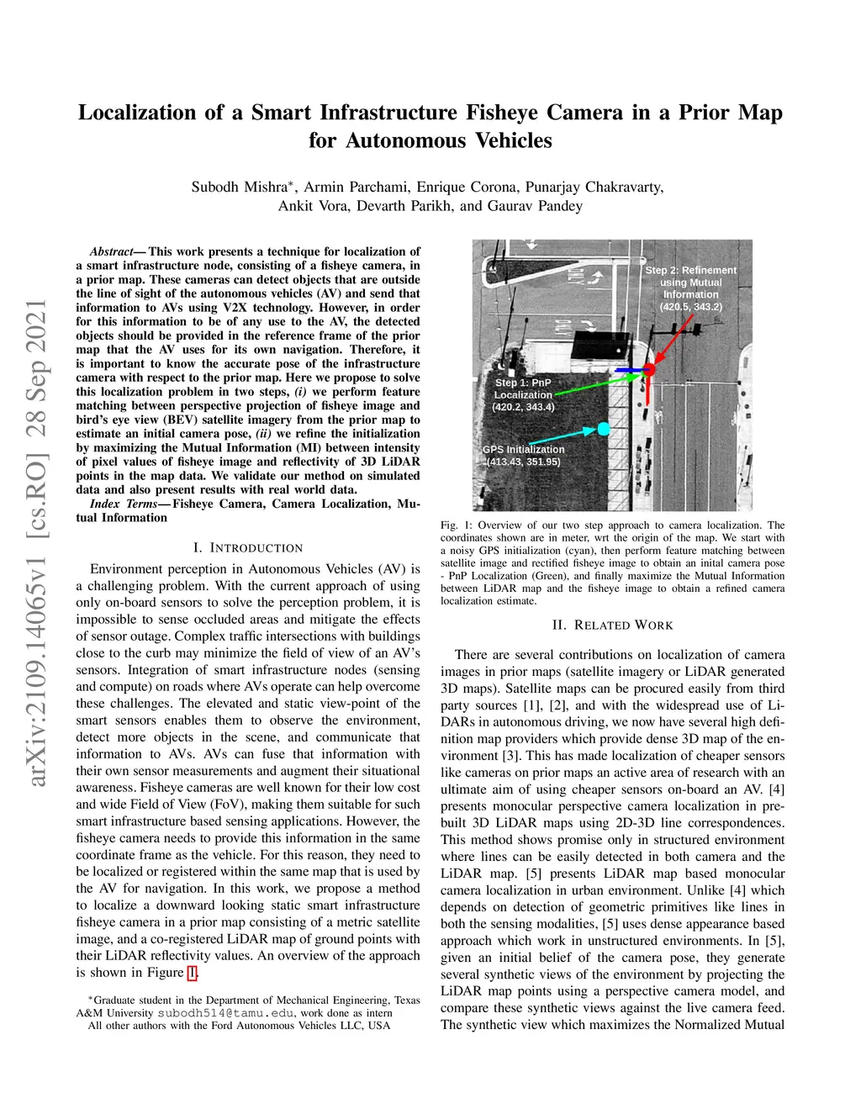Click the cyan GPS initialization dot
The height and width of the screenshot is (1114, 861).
[x=603, y=430]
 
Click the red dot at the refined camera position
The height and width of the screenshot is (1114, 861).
[x=648, y=369]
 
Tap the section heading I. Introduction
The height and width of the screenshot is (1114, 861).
[x=248, y=547]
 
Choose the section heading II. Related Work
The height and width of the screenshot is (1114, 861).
[x=612, y=625]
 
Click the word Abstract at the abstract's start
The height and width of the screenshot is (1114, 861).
[x=111, y=251]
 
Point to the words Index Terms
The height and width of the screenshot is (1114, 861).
[x=124, y=504]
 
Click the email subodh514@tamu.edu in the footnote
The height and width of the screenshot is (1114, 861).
[x=226, y=1013]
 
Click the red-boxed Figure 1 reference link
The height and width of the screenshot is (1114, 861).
[x=193, y=973]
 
